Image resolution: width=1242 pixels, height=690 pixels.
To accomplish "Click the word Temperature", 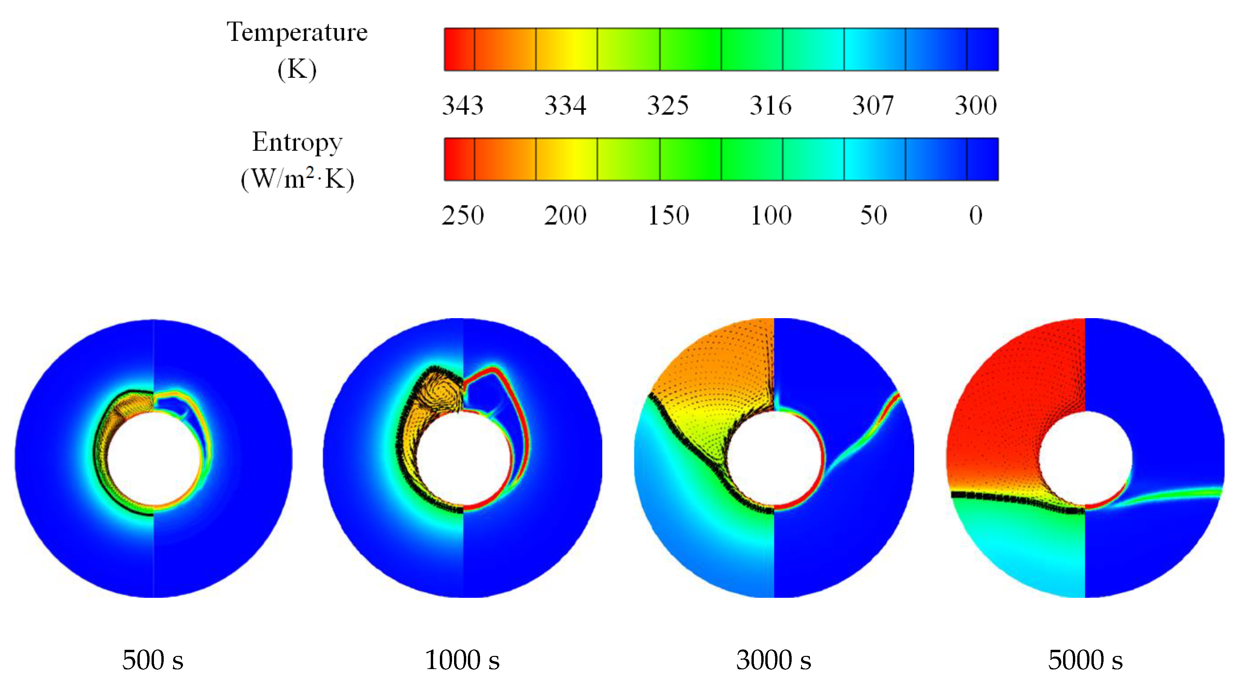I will coord(297,33).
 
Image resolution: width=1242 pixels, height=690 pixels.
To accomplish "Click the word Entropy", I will coord(297,143).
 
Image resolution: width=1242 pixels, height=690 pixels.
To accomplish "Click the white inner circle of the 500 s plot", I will coord(153,458).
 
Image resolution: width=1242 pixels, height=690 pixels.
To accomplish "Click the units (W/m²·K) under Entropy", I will coord(297,179).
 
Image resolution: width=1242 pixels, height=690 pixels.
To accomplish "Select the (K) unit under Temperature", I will coord(297,70).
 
